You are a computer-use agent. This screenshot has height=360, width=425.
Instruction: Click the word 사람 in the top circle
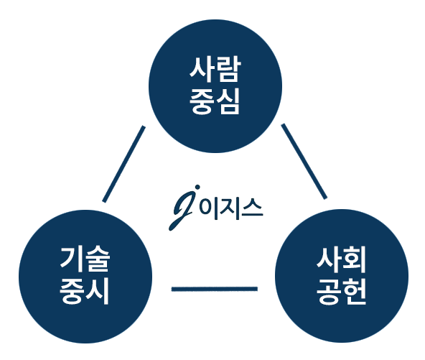tap(215, 69)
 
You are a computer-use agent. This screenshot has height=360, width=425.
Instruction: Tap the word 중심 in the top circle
tap(215, 101)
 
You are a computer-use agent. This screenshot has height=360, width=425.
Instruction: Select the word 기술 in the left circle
tap(85, 259)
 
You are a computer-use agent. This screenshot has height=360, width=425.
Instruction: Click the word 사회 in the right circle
tap(342, 259)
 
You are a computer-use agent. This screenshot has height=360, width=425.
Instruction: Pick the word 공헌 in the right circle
tap(342, 291)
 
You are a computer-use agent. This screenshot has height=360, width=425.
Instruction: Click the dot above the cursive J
tap(197, 188)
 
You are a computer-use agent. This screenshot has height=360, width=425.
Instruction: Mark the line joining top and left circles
tap(124, 164)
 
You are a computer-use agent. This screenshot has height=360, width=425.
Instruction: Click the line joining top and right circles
tap(304, 162)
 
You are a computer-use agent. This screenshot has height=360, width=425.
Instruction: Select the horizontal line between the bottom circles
tap(215, 289)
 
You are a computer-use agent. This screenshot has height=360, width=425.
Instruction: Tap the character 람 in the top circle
tap(228, 69)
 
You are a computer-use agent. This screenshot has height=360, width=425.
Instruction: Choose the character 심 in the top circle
tap(228, 101)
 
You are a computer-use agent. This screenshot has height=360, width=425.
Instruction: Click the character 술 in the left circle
tap(98, 259)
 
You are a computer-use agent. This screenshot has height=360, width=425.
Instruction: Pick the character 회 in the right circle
tap(355, 259)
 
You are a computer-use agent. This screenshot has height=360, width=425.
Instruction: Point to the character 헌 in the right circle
tap(355, 291)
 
